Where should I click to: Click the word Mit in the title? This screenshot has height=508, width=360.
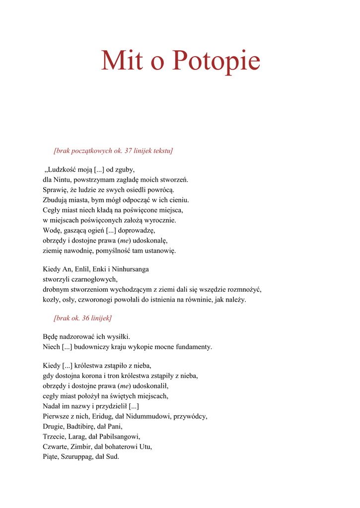click(122, 61)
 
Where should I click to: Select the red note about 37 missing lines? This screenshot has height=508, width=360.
click(113, 150)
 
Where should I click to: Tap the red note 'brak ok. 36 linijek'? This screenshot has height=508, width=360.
click(82, 318)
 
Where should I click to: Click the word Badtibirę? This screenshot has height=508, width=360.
click(81, 426)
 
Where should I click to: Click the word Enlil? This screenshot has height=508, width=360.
click(81, 269)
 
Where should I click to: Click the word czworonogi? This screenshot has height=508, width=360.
click(95, 300)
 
